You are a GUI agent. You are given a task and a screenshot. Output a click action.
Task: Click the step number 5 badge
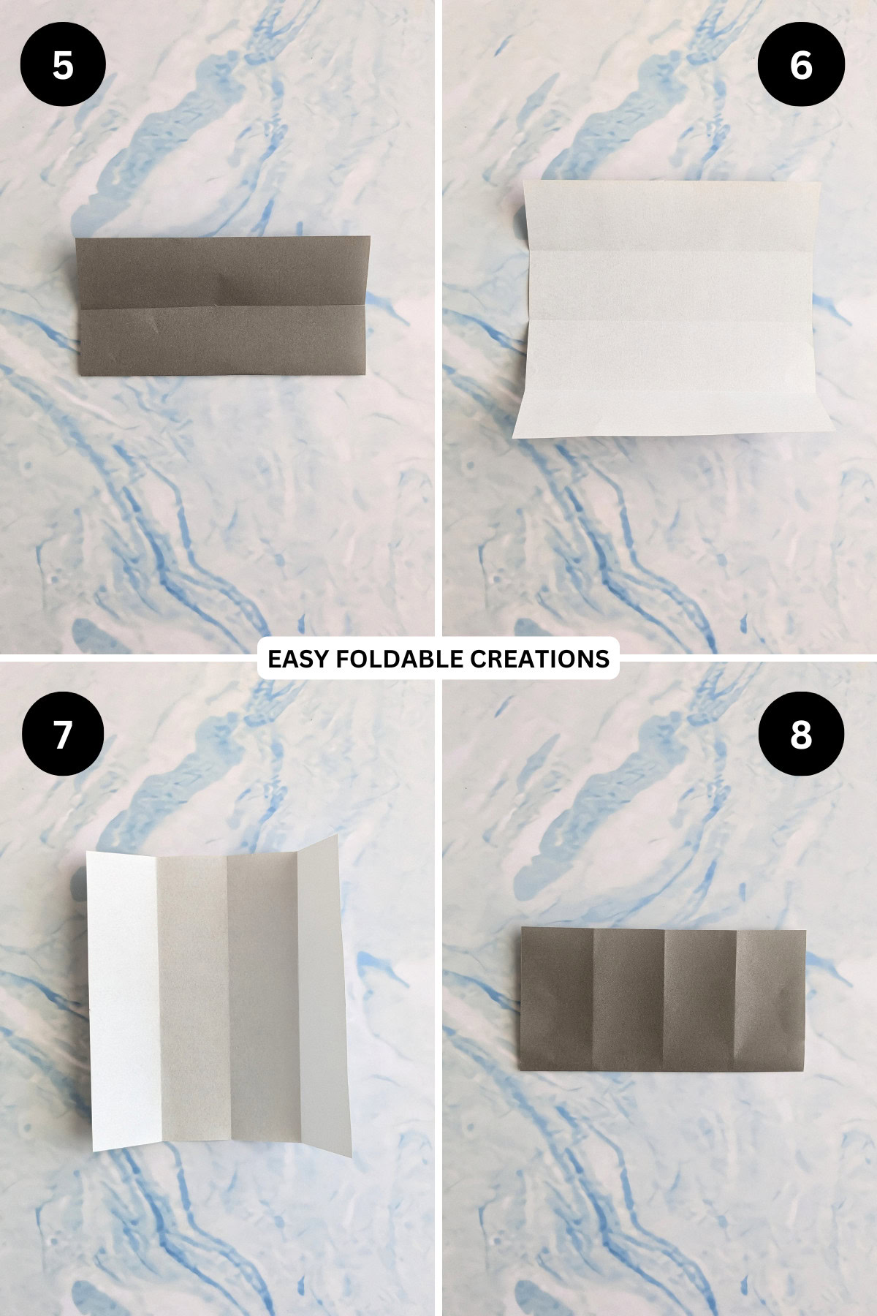(63, 65)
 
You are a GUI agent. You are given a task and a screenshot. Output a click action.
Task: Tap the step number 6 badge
(801, 65)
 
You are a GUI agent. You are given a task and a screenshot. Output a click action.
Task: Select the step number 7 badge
(63, 733)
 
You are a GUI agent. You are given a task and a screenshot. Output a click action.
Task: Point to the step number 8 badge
(801, 733)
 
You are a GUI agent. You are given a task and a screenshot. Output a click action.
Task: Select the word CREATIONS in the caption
(539, 659)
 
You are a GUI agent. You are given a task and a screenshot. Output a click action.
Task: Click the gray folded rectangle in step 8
(663, 1000)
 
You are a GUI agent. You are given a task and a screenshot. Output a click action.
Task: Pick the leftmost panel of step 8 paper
(557, 1000)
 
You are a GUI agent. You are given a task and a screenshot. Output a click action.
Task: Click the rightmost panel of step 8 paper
(770, 1000)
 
